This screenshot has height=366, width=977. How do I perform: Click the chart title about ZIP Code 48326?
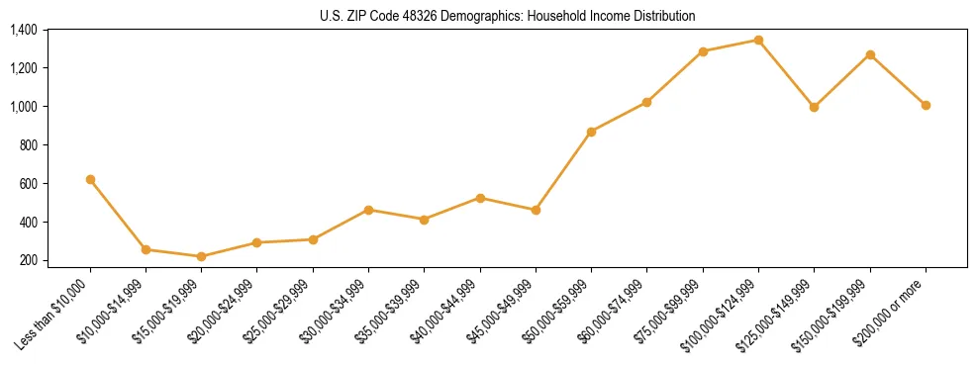(507, 16)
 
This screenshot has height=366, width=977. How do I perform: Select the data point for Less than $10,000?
(90, 179)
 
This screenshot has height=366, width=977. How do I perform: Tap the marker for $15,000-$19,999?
(202, 256)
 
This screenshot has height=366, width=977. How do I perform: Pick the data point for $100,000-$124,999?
(758, 40)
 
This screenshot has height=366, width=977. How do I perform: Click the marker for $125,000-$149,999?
(814, 107)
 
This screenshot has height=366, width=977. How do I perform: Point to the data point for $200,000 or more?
(926, 105)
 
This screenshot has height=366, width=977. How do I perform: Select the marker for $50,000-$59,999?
(591, 132)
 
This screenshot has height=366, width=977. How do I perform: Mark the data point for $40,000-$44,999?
(480, 198)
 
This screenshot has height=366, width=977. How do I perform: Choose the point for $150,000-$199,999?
(870, 54)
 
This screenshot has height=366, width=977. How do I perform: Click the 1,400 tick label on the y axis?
(23, 30)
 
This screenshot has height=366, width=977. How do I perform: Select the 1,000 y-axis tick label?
(23, 107)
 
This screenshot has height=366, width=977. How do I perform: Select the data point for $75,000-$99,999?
(703, 50)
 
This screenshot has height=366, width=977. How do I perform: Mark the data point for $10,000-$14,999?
(146, 249)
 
